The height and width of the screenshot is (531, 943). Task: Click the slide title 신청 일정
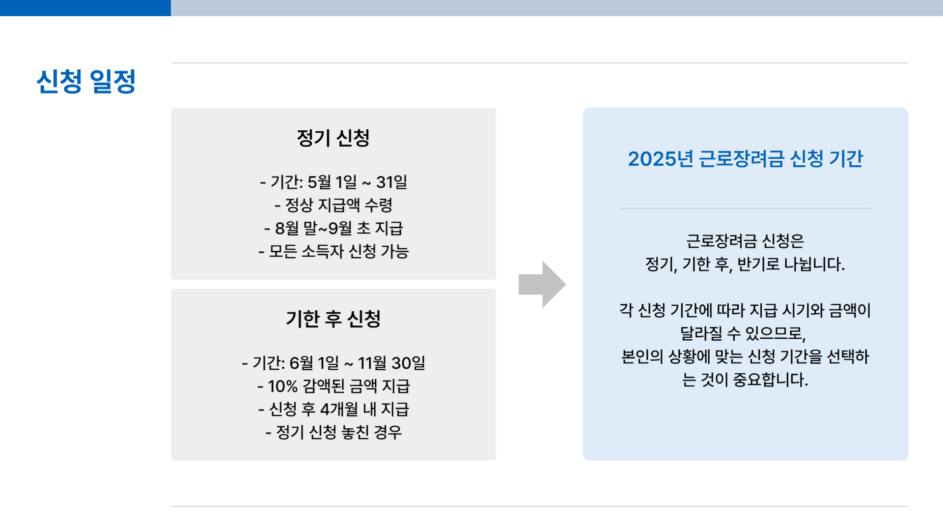pos(86,82)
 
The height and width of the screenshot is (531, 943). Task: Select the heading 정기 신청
pos(333,138)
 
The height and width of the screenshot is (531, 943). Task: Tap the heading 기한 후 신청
pos(333,319)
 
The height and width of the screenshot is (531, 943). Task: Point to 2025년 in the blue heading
pos(660,159)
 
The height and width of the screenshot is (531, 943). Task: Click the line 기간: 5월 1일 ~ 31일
pos(333,182)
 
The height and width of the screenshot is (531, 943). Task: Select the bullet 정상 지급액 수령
pos(333,205)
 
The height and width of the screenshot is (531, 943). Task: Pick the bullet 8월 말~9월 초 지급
pos(333,228)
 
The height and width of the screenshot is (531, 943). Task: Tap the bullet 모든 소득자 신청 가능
pos(333,251)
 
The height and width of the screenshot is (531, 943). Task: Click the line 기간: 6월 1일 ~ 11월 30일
pos(333,363)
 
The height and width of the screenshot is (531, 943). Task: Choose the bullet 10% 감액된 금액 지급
pos(333,386)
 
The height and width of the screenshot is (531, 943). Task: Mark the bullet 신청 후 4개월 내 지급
pos(333,409)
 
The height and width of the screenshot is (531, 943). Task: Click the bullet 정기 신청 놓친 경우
pos(333,432)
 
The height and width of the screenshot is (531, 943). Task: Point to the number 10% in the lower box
pos(282,386)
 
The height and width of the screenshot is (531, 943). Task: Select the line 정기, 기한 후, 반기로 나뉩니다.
pos(745,265)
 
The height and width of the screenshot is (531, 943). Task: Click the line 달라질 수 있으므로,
pos(743,333)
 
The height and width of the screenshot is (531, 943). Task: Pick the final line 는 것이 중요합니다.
pos(745,380)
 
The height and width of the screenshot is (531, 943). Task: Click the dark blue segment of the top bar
pos(85,8)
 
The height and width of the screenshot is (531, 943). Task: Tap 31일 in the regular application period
pos(391,182)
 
